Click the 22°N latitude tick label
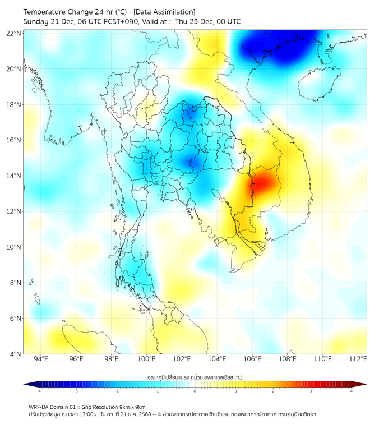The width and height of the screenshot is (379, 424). (x=15, y=33)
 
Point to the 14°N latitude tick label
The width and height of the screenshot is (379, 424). (x=15, y=176)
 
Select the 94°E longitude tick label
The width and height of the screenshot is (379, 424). (x=41, y=359)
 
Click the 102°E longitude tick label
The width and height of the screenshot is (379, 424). (x=182, y=359)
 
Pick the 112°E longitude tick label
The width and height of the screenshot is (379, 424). (x=358, y=359)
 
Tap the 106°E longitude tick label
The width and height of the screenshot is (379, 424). (x=252, y=359)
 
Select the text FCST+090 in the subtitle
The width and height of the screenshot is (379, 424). (x=117, y=22)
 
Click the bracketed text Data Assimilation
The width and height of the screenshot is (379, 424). (x=166, y=12)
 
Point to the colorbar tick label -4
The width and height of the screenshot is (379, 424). (x=39, y=391)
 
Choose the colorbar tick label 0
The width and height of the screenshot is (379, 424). (x=195, y=391)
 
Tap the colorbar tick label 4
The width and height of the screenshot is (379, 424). (x=352, y=391)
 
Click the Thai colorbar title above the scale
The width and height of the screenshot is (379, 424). (x=195, y=377)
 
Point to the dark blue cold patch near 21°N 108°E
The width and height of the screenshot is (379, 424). (x=275, y=48)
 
